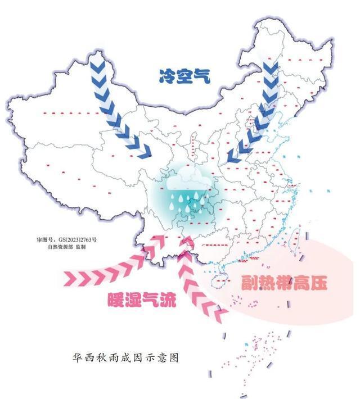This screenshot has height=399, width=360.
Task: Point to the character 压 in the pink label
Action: click(x=319, y=282)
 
